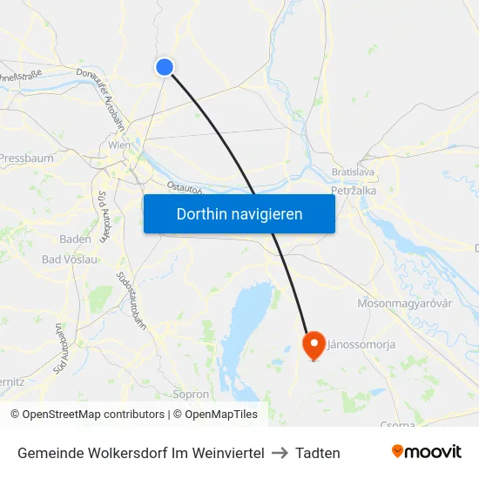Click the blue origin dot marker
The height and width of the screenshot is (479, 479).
165,67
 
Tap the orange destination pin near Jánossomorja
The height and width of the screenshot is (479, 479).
314,346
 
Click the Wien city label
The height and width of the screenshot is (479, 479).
119,145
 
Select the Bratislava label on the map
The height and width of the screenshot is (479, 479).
353,172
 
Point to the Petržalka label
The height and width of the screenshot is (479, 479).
353,189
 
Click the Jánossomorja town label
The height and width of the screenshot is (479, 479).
361,344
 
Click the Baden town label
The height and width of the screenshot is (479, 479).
75,239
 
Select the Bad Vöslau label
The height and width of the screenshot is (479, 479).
70,259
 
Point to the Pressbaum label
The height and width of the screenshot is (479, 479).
26,159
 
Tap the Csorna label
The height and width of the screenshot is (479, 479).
397,424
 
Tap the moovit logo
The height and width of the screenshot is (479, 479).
427,451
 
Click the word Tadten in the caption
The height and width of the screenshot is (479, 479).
318,453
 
